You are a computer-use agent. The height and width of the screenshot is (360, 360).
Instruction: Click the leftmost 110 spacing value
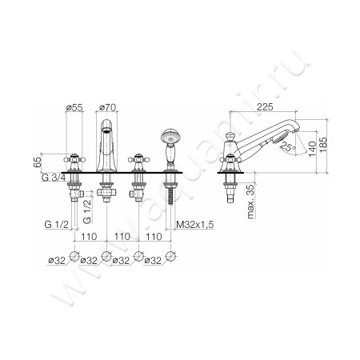pos(90,238)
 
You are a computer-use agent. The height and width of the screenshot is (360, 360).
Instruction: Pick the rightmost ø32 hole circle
pos(170,258)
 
